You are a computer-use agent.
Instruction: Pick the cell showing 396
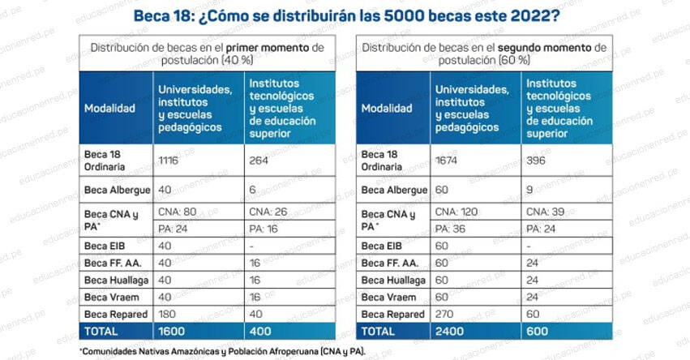(538, 161)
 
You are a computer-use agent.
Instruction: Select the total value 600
(538, 330)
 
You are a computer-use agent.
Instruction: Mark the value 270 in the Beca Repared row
(446, 314)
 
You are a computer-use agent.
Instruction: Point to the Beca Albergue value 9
(530, 190)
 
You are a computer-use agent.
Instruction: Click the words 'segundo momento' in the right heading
(542, 48)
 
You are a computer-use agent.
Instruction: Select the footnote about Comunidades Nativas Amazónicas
(223, 350)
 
